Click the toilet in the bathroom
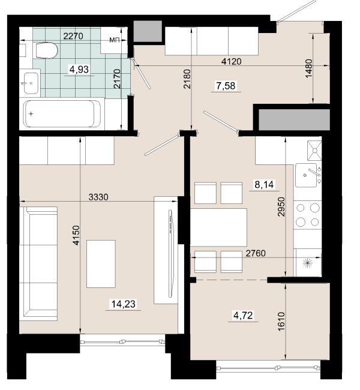[47, 51]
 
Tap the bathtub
[62, 113]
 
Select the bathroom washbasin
[31, 83]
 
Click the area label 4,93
[79, 70]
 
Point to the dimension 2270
[73, 37]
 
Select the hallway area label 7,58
[226, 86]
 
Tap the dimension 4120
[232, 61]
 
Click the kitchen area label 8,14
[264, 185]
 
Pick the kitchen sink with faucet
[308, 175]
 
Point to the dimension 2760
[256, 253]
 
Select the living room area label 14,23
[124, 304]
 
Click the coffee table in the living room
[101, 264]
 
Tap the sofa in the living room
[38, 263]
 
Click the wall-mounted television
[170, 253]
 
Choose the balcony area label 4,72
[243, 316]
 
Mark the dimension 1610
[281, 322]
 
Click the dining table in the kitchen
[218, 227]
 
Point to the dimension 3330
[98, 197]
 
